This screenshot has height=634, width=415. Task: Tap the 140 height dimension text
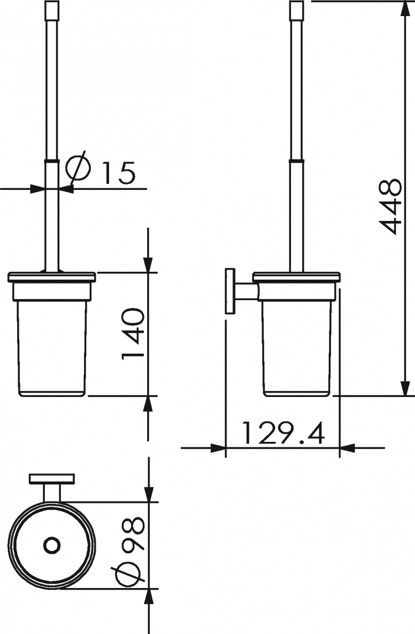(133, 334)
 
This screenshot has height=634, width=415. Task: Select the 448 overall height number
(390, 207)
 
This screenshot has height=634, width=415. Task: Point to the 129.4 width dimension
(283, 432)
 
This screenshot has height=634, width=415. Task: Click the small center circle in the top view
(51, 545)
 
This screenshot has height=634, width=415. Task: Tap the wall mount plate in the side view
(230, 291)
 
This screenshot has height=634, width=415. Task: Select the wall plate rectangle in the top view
(51, 478)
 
